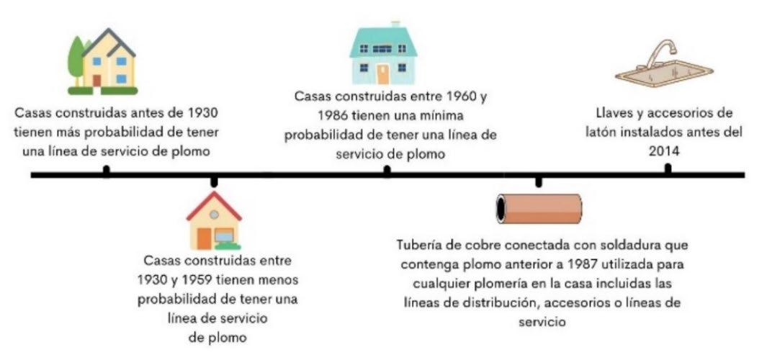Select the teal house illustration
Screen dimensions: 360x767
(383, 54)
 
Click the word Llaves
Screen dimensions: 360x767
(616, 114)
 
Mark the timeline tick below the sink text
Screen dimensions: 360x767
(668, 170)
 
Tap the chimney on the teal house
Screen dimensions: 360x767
(395, 24)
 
